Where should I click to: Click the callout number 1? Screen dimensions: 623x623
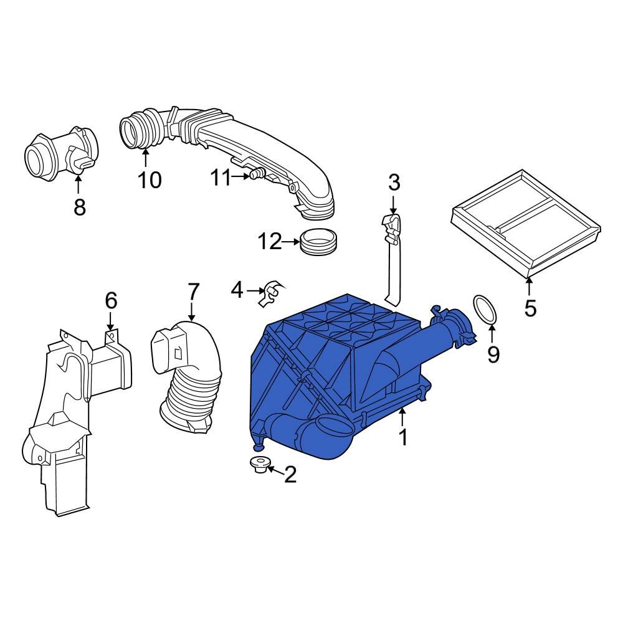(x=403, y=437)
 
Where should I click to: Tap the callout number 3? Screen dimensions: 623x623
(x=393, y=183)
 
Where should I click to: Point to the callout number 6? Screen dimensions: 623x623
(x=110, y=301)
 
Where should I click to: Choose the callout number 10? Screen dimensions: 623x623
(x=150, y=180)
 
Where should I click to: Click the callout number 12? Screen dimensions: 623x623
(x=271, y=242)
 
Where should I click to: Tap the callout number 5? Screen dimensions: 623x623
(x=530, y=308)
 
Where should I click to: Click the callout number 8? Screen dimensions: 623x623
(x=80, y=207)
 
